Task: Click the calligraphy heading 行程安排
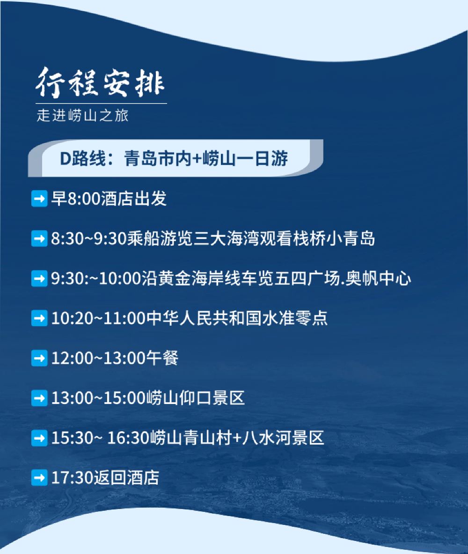[x=100, y=82]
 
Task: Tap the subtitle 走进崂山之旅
[x=82, y=116]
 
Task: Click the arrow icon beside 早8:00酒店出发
[x=39, y=199]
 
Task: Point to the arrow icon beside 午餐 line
[x=39, y=358]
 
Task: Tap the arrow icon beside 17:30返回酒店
[x=39, y=478]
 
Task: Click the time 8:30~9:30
[x=89, y=239]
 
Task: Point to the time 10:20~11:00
[x=99, y=318]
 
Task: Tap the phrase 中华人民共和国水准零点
[x=237, y=318]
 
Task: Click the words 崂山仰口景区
[x=195, y=398]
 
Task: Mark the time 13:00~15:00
[x=99, y=398]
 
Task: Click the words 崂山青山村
[x=191, y=438]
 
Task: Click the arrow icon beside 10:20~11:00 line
[x=39, y=318]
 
